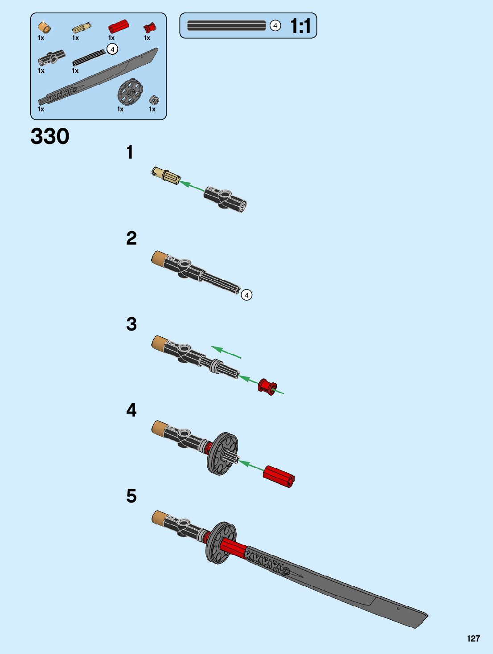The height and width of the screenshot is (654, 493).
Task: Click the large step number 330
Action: coord(50,136)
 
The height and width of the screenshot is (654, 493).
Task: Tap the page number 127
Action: coord(473,638)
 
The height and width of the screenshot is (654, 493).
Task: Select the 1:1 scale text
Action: coord(300,26)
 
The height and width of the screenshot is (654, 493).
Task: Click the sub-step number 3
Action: coord(131,324)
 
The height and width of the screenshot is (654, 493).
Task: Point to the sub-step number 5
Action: coord(131,496)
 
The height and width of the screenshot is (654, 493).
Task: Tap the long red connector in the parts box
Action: coord(118,27)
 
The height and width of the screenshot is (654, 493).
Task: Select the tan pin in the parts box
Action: coord(82,28)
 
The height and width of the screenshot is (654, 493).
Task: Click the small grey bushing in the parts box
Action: coord(154,100)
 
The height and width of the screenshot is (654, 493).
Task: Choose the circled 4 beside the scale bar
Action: coord(275,26)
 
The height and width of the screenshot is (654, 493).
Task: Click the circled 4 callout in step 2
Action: coord(246,294)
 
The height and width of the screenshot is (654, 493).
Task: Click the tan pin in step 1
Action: coord(165,175)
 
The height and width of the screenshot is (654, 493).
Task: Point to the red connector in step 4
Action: coord(279,477)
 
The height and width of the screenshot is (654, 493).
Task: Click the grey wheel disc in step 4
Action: coord(222,454)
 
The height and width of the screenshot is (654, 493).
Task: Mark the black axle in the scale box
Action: coord(226,26)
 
